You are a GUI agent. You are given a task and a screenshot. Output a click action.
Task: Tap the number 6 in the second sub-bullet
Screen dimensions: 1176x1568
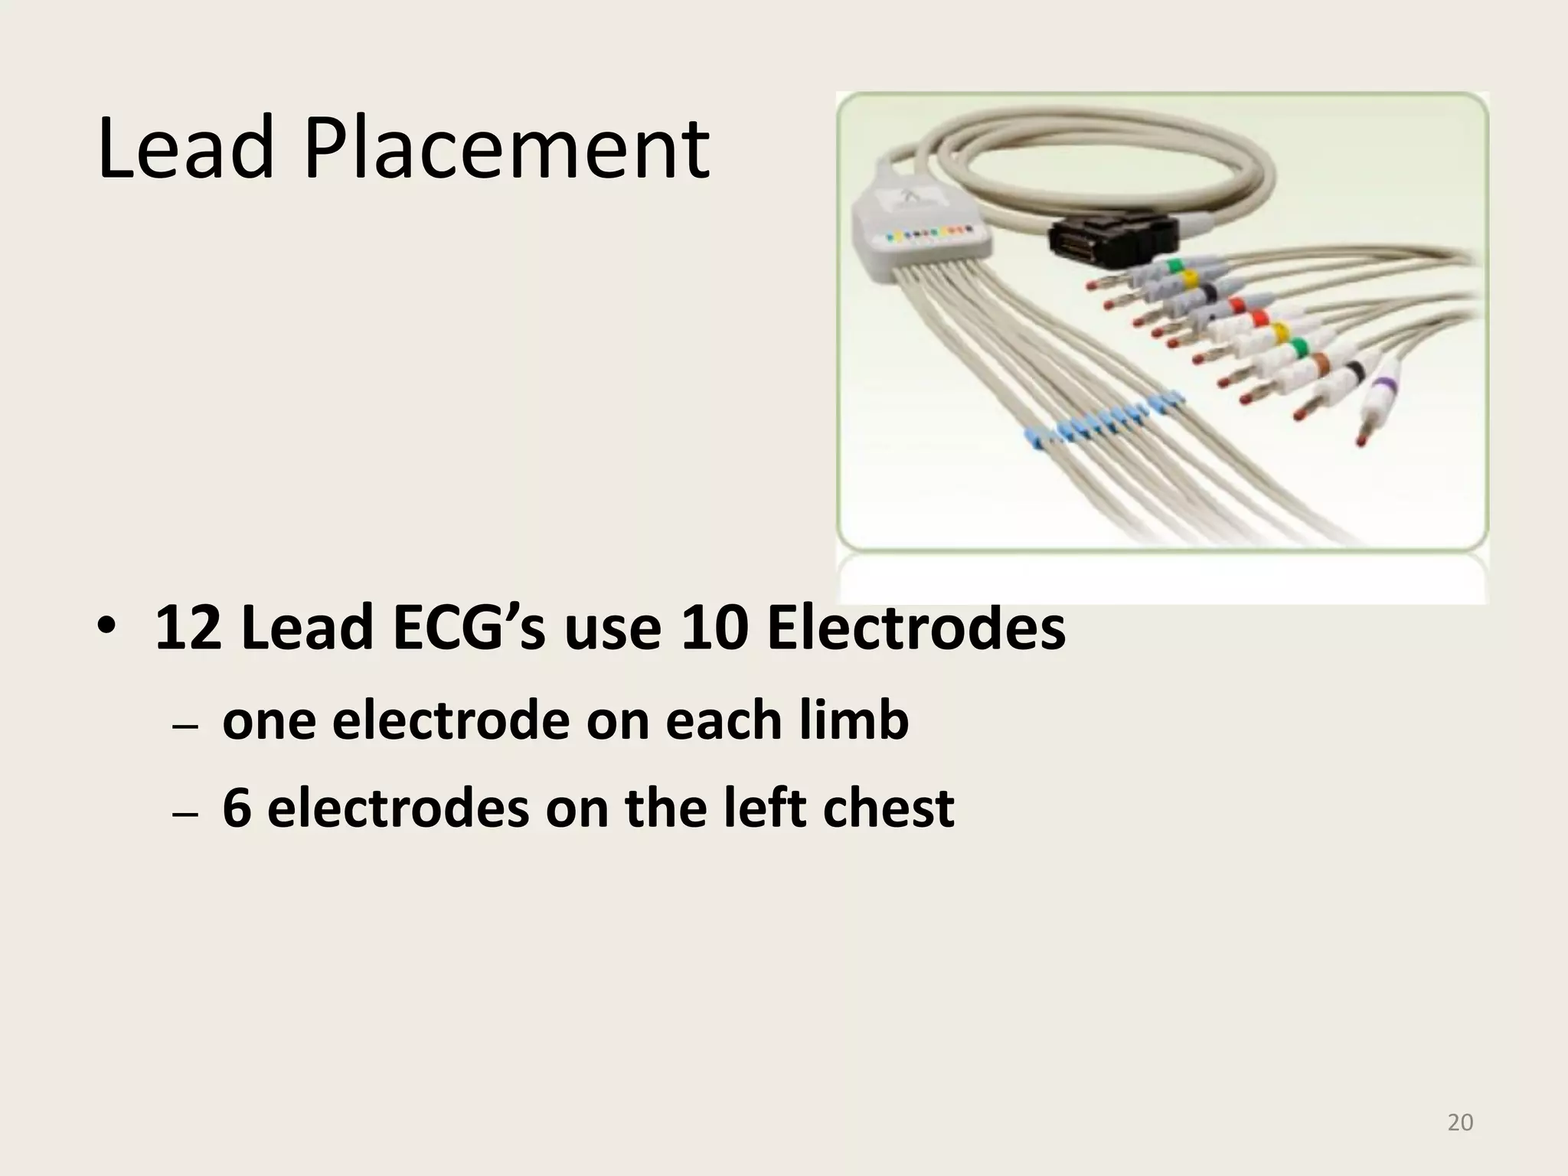[237, 809]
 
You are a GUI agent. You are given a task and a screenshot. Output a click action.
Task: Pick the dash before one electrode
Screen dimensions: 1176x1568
[185, 727]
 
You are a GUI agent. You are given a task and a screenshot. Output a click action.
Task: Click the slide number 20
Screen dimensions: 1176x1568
[1461, 1122]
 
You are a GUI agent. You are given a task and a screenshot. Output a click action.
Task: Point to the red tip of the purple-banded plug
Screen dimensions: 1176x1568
[1361, 441]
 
